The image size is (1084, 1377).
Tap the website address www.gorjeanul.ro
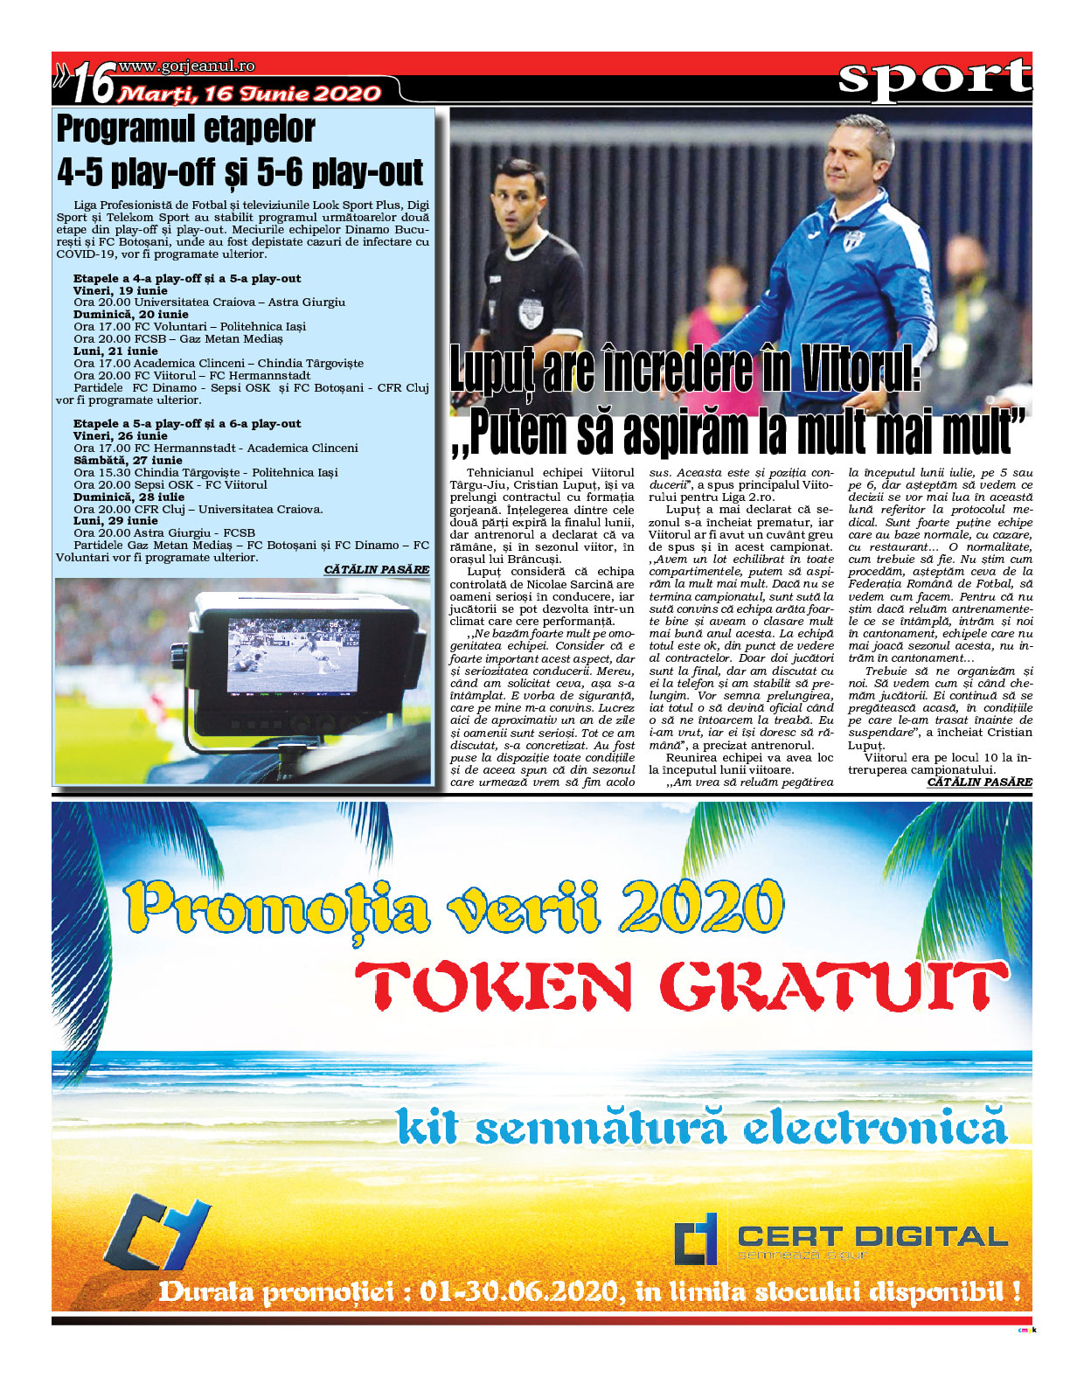click(186, 66)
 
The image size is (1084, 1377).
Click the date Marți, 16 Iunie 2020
click(250, 94)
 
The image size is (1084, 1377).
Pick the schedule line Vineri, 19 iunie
click(120, 290)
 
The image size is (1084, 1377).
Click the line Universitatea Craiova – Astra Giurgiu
click(229, 303)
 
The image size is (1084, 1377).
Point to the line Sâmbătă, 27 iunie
click(128, 460)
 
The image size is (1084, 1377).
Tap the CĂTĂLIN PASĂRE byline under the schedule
click(376, 569)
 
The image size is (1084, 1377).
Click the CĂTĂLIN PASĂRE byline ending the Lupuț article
click(979, 782)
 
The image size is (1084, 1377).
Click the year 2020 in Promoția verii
click(700, 906)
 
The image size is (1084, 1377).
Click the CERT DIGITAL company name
click(872, 1235)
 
